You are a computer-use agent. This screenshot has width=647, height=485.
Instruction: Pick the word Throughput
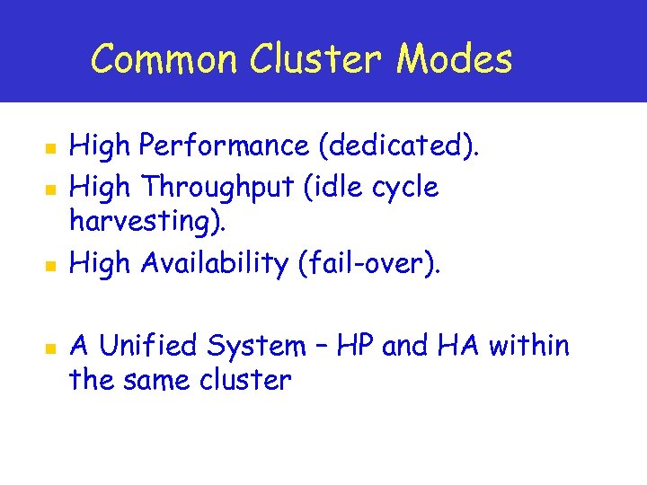point(213,188)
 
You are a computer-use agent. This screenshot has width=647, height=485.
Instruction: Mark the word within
point(530,346)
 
